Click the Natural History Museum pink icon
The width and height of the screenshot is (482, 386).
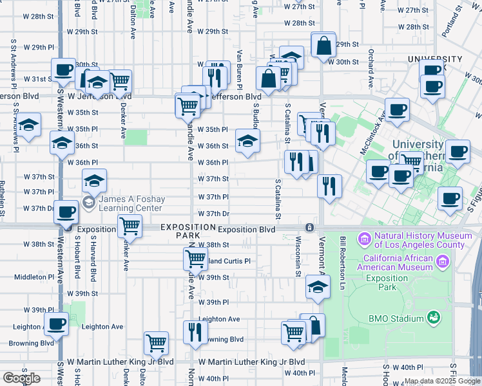pyautogui.click(x=365, y=239)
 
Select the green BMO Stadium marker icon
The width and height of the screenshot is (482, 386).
pyautogui.click(x=436, y=317)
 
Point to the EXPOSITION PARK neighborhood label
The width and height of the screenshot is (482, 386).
pyautogui.click(x=188, y=232)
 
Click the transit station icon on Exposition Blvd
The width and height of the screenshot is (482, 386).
pyautogui.click(x=310, y=228)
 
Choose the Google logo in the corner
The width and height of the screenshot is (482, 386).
pyautogui.click(x=22, y=378)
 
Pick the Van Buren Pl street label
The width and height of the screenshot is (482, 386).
pyautogui.click(x=239, y=69)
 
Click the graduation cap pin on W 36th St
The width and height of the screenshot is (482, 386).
pyautogui.click(x=247, y=142)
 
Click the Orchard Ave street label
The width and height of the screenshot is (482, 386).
pyautogui.click(x=371, y=69)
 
